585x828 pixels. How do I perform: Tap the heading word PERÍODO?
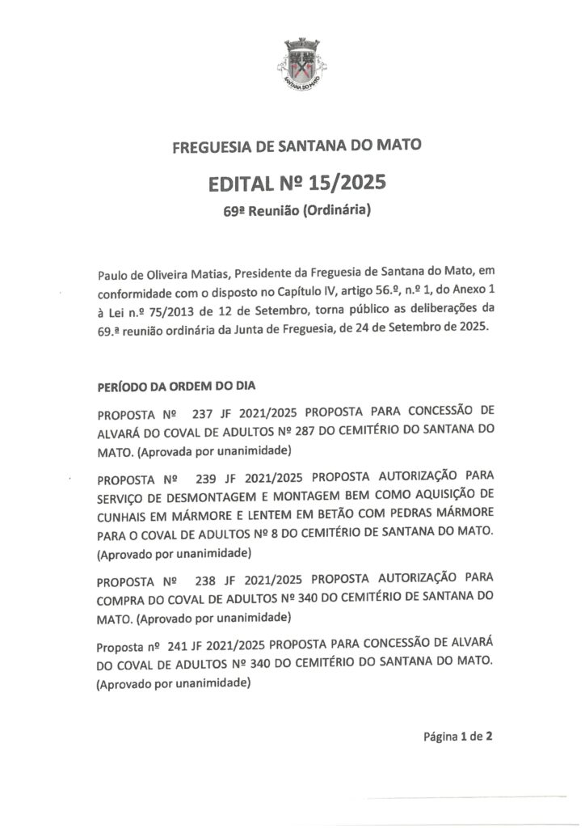tap(123, 386)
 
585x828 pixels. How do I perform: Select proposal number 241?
tap(178, 647)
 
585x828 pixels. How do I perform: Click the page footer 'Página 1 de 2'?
tap(458, 737)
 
